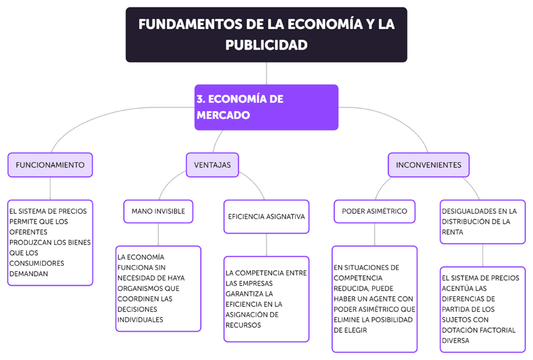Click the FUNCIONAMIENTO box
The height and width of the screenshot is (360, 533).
[x=50, y=165]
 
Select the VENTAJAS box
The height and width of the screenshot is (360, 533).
[x=212, y=165]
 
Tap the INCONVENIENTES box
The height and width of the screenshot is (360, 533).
[x=428, y=165]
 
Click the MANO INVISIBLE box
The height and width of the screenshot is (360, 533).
[x=158, y=211]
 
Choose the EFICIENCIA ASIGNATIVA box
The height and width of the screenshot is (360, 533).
[x=266, y=216]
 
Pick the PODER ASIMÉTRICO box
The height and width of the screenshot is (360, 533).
[x=374, y=211]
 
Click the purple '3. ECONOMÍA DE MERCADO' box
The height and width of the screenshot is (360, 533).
[x=266, y=107]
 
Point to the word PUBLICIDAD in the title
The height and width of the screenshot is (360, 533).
[x=266, y=45]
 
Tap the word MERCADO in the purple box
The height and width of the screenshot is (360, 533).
[x=223, y=116]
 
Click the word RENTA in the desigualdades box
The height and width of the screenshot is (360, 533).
[x=453, y=232]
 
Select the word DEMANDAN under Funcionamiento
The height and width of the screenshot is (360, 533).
[x=28, y=273]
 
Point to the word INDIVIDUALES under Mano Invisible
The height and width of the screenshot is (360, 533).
[x=141, y=319]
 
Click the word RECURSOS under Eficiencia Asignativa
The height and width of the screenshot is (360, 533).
[x=243, y=325]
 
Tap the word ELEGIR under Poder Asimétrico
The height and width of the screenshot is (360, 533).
[x=348, y=329]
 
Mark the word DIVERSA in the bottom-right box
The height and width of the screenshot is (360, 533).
[x=456, y=341]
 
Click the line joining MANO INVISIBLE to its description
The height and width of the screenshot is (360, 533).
[x=158, y=234]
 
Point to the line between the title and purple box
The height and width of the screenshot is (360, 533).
[x=266, y=73]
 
